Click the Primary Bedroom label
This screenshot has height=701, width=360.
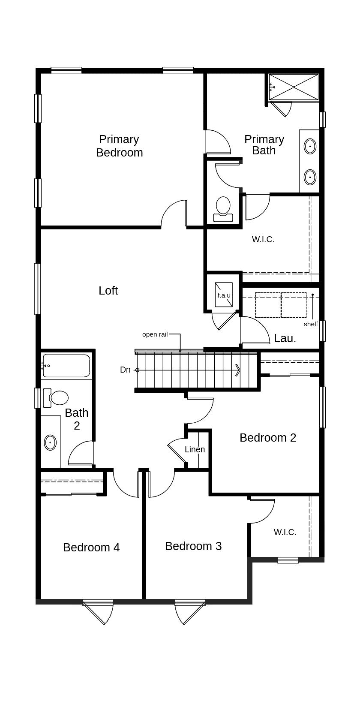click(119, 146)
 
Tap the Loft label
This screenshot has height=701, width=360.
click(108, 291)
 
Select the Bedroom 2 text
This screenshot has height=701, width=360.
click(268, 437)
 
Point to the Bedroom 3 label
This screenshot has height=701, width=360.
click(193, 546)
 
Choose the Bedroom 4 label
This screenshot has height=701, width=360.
click(91, 548)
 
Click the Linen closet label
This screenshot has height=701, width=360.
click(195, 449)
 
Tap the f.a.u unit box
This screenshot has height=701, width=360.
click(224, 295)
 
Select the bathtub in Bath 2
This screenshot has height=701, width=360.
click(66, 366)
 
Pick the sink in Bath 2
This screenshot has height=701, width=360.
click(50, 442)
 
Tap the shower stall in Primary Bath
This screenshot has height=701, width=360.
click(294, 87)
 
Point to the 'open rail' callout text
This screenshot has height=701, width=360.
click(155, 334)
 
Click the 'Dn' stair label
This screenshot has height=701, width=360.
click(125, 370)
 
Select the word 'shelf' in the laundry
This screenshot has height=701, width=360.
click(311, 324)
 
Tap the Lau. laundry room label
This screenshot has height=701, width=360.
click(285, 338)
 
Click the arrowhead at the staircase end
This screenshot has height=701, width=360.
click(238, 370)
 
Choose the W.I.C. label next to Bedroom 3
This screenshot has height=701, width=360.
click(285, 532)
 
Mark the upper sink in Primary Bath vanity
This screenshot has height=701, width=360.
click(310, 146)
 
